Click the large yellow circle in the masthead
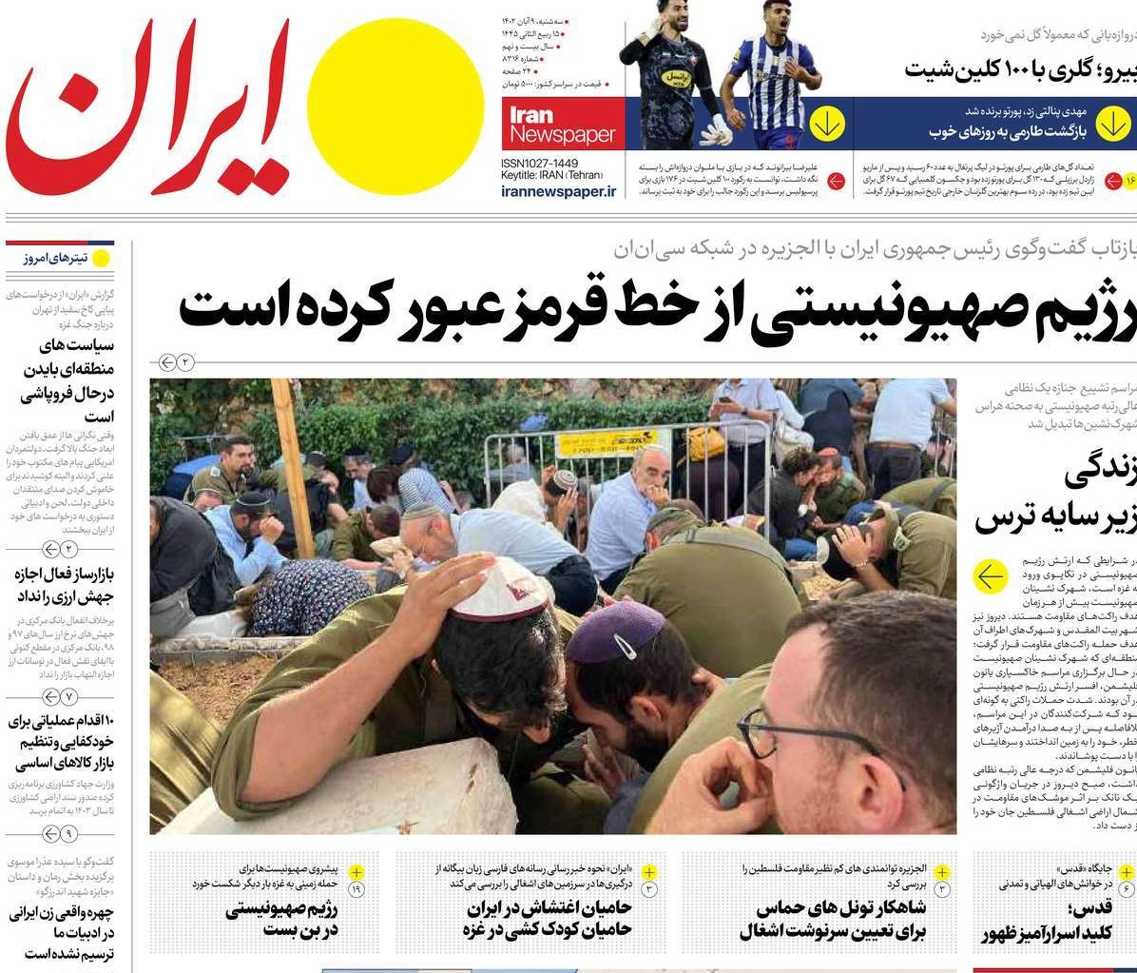click(x=395, y=107)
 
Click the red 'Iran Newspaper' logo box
click(x=563, y=125)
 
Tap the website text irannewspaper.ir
click(x=558, y=191)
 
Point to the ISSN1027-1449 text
click(x=539, y=164)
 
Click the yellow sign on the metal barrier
click(x=606, y=443)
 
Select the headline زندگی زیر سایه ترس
click(x=1055, y=496)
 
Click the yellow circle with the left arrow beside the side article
click(x=990, y=575)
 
